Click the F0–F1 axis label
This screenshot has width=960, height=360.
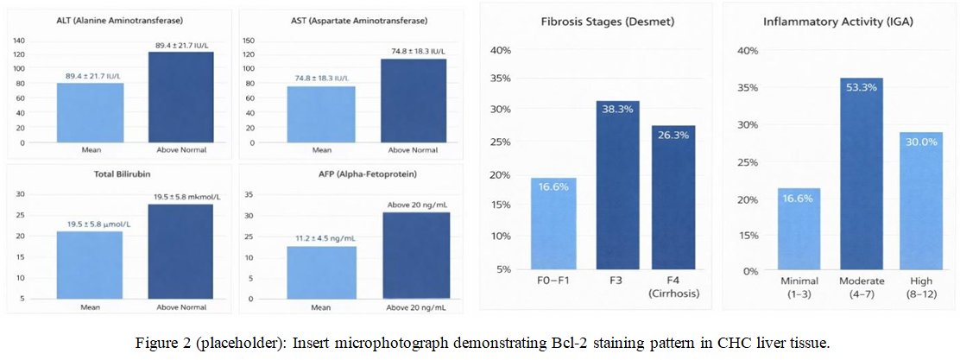click(553, 282)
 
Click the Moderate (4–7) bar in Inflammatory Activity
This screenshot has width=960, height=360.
click(861, 174)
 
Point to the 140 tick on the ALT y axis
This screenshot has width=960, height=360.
click(19, 41)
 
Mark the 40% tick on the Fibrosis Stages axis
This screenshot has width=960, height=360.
click(501, 49)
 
